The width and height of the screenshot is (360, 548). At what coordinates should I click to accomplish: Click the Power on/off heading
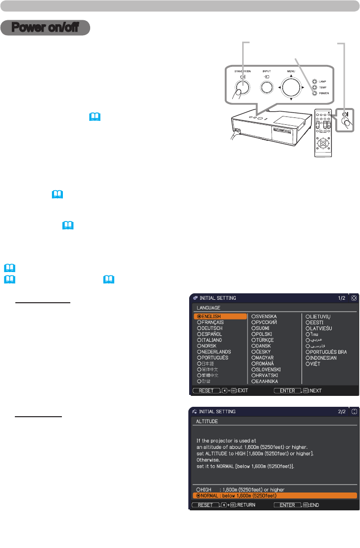(45, 28)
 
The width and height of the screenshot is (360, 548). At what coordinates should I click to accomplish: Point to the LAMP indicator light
(314, 81)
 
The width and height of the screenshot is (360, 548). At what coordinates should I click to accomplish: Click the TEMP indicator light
(314, 87)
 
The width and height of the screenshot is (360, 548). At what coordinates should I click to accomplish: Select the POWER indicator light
(314, 93)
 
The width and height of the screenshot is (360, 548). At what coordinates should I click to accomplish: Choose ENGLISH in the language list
(210, 316)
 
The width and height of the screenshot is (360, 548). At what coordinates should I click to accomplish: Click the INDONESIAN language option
(324, 358)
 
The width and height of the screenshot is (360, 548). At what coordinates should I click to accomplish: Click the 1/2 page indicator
(342, 298)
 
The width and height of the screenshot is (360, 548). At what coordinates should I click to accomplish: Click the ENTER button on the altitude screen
(288, 505)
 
